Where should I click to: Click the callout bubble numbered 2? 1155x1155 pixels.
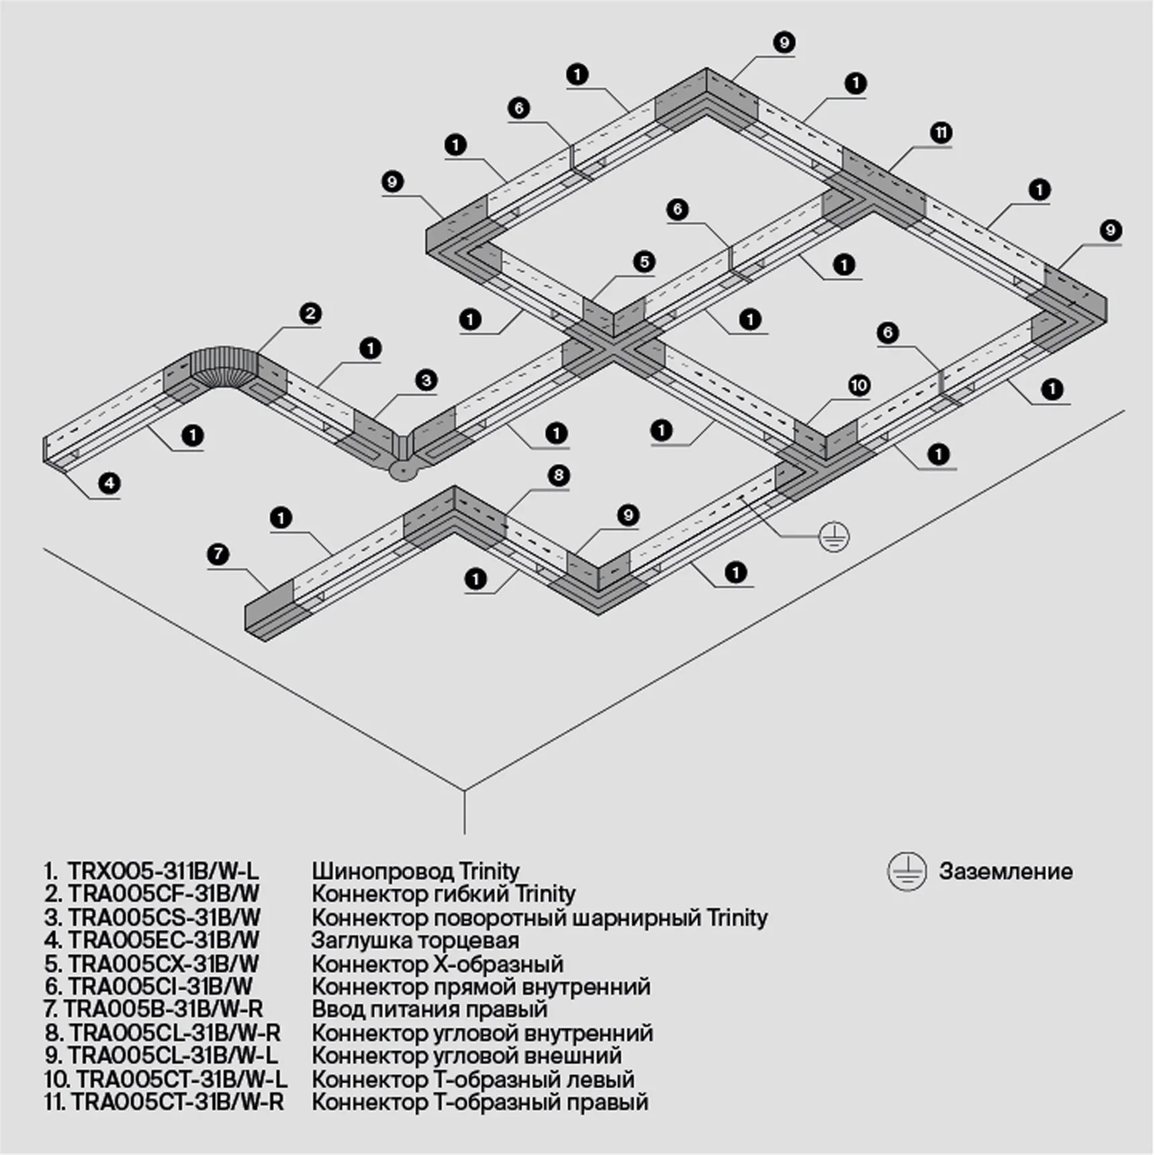click(310, 314)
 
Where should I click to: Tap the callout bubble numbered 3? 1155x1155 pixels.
click(426, 381)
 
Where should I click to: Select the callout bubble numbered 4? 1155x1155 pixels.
click(109, 483)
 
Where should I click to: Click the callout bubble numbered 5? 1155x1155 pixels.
click(643, 262)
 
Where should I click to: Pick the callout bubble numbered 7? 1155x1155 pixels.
click(218, 555)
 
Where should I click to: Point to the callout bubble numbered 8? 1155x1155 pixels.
click(559, 476)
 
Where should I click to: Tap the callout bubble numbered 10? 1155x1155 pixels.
click(859, 385)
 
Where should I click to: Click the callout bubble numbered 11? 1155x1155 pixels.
click(941, 133)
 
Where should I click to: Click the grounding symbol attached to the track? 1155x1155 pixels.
click(834, 537)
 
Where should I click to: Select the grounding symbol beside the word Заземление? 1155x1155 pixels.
click(907, 872)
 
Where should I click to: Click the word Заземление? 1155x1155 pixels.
click(1005, 872)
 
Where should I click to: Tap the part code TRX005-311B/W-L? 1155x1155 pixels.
click(163, 872)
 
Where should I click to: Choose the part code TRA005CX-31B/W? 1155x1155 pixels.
click(163, 964)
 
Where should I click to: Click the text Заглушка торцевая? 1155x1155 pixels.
click(415, 941)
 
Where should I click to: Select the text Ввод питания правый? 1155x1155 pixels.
click(430, 1009)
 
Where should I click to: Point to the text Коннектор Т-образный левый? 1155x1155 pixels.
click(473, 1079)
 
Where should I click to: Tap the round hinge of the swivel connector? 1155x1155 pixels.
click(403, 471)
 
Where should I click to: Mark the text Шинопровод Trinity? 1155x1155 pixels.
click(415, 872)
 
